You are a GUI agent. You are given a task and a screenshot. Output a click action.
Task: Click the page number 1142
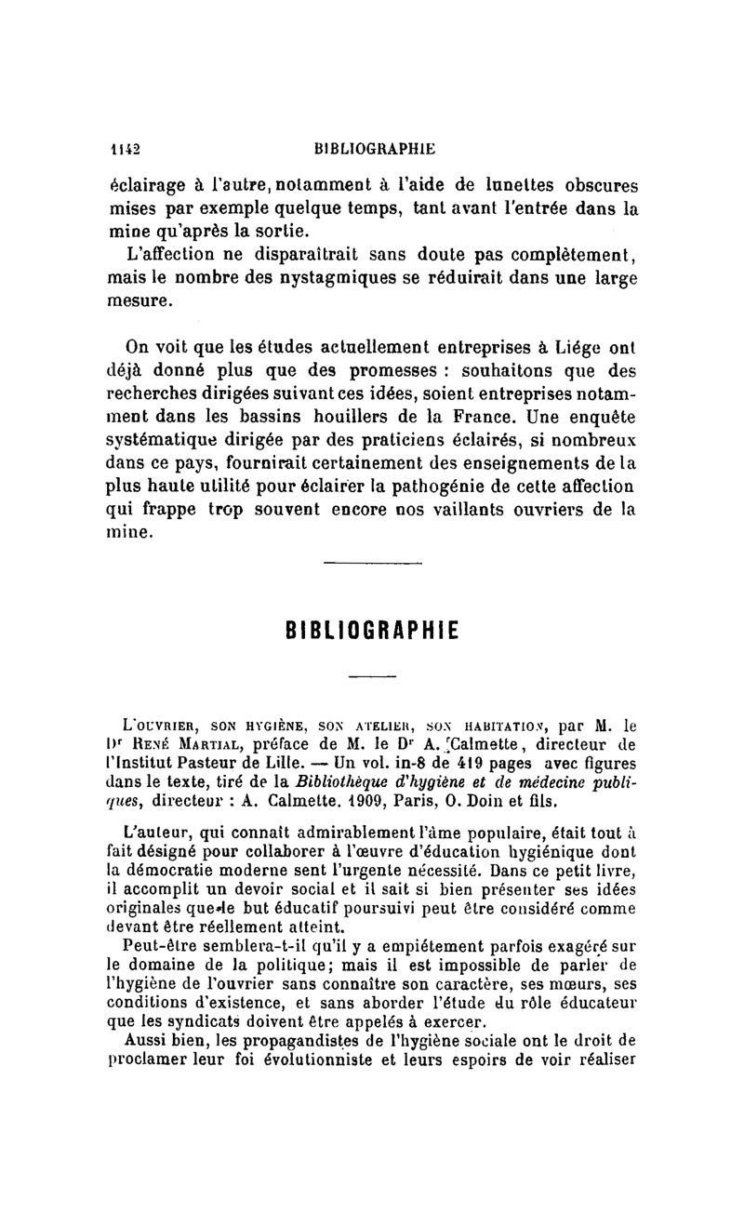124,147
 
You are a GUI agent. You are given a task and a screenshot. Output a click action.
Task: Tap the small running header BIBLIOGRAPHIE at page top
375,147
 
